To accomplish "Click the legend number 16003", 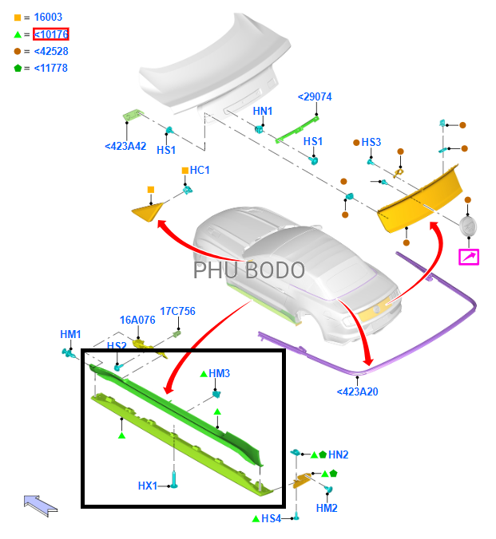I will (x=48, y=17).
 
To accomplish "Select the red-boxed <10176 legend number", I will (x=51, y=33).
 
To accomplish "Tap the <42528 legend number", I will (x=51, y=51).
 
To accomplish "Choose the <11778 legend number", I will (x=51, y=68).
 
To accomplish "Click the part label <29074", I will (x=315, y=96).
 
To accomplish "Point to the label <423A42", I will (x=125, y=146).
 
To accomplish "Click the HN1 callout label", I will (x=263, y=111).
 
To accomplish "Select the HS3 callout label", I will (x=371, y=142).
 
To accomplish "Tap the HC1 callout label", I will (x=200, y=170).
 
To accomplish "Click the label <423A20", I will (x=357, y=391).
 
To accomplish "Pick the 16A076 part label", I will (x=137, y=320).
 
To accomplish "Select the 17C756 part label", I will (x=177, y=312).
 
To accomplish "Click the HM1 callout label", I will (x=70, y=334).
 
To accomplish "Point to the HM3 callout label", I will (x=219, y=373).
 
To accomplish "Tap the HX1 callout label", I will (x=148, y=486).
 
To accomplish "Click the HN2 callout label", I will (x=338, y=454).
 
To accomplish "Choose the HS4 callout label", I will (x=272, y=518).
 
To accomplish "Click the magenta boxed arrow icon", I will (x=468, y=257).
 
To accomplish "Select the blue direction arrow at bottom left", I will (x=41, y=504).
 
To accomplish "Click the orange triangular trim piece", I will (x=149, y=211).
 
